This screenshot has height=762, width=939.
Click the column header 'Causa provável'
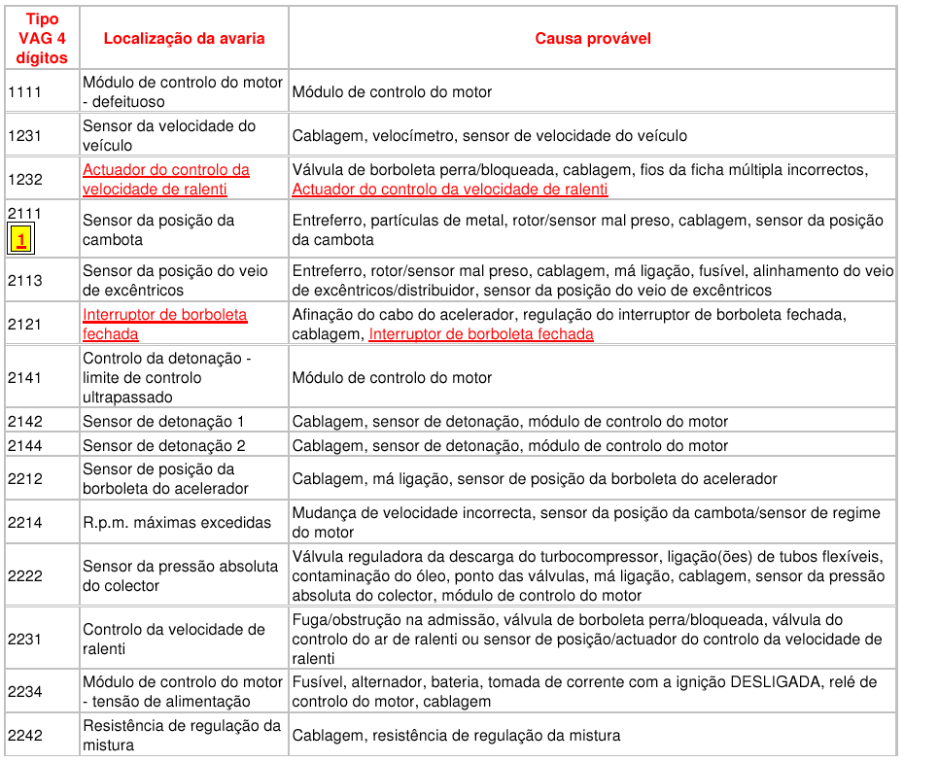[592, 39]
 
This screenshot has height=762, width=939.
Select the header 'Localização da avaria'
[184, 39]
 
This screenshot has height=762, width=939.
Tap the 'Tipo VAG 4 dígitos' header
[42, 39]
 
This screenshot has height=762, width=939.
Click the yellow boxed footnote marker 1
[21, 239]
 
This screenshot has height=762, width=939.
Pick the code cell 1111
[24, 92]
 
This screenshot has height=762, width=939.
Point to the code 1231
[24, 136]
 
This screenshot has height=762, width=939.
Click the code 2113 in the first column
[24, 281]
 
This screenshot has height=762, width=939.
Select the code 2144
[24, 446]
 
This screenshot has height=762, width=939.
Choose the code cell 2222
[24, 576]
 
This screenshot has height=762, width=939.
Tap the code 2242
[24, 736]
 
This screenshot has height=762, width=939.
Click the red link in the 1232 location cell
[165, 180]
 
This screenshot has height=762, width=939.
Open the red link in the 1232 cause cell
[450, 190]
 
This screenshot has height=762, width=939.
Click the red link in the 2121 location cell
[164, 325]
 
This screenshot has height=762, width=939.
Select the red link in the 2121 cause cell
[481, 334]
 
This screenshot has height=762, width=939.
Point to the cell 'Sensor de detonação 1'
[163, 422]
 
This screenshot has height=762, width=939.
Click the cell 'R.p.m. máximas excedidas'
[177, 523]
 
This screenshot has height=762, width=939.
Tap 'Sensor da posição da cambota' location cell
[158, 230]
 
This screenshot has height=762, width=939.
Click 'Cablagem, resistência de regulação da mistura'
[456, 736]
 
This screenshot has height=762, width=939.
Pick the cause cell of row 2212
[535, 479]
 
